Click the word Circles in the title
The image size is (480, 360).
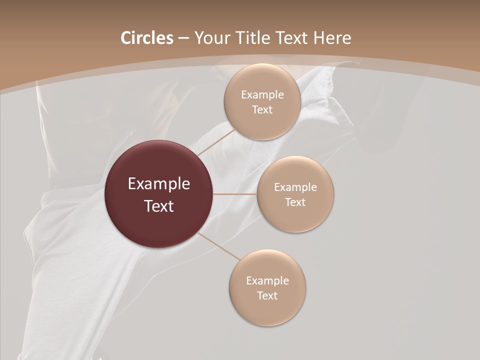146,38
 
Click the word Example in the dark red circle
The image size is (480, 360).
159,184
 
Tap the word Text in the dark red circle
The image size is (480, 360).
159,206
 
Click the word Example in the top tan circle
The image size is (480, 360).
262,95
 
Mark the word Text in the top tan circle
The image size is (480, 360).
262,110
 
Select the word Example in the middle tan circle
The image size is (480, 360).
295,187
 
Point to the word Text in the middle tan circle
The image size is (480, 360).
295,202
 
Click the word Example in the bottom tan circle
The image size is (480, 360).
267,281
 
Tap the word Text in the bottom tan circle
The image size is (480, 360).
267,296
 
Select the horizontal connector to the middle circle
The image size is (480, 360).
235,194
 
